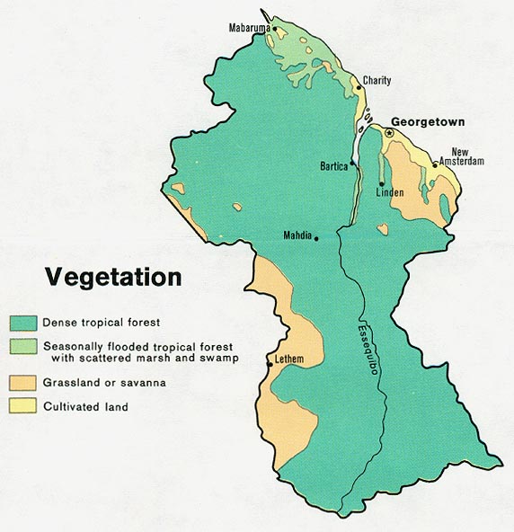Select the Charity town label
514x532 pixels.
coord(377,81)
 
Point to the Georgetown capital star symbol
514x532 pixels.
coord(388,133)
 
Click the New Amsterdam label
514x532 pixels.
coord(466,156)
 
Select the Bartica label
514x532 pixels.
coord(335,166)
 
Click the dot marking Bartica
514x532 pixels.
coord(354,165)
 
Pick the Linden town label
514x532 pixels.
coord(389,193)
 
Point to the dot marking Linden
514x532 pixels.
coord(382,183)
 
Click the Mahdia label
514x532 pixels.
coord(297,236)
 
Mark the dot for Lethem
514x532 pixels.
coord(270,364)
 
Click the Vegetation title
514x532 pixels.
coord(114,276)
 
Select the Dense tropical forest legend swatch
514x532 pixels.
coord(23,322)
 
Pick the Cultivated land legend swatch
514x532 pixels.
coord(23,406)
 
